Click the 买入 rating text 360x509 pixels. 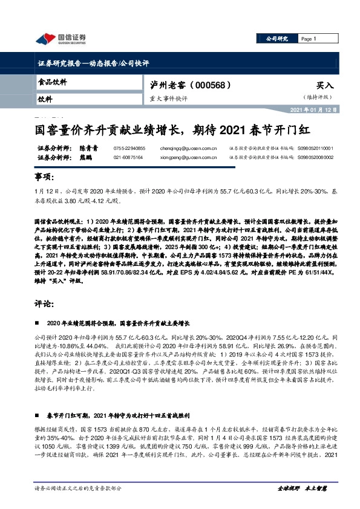pyautogui.click(x=325, y=86)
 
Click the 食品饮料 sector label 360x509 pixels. pyautogui.click(x=49, y=81)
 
